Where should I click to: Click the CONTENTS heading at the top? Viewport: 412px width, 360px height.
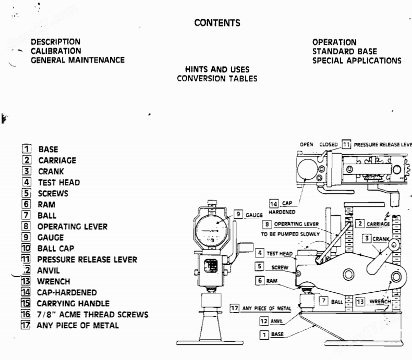coord(217,22)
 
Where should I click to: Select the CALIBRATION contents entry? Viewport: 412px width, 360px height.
coord(56,51)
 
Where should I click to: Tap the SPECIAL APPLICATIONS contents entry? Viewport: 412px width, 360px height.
coord(357,60)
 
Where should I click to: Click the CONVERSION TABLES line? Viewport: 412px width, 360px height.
coord(217,79)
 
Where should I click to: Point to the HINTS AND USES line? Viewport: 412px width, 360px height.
coord(217,69)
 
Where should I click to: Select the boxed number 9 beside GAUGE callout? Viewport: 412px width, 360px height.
coord(238,214)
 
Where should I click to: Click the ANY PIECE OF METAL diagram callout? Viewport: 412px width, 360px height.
coord(265,308)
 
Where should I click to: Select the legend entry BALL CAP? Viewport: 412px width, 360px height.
coord(55,249)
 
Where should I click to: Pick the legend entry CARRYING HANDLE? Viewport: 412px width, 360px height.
coord(72,303)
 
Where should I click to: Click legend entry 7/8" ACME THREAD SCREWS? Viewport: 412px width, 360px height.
coord(92,314)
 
